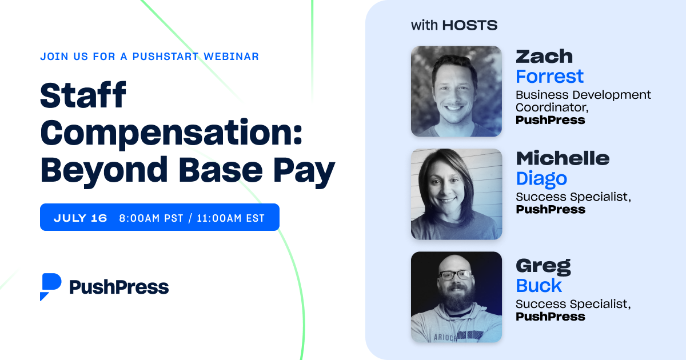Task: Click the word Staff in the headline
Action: point(83,96)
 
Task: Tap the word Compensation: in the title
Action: point(171,133)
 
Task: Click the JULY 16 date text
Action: point(81,218)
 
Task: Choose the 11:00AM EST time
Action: point(230,218)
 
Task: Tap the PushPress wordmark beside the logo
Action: point(119,287)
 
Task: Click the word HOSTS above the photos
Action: point(470,25)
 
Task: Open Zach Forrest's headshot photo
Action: point(456,91)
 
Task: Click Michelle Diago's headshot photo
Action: point(456,194)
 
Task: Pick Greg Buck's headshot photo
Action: point(456,297)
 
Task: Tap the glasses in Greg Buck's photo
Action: point(455,275)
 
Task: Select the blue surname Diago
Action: point(541,178)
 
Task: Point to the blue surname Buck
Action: point(539,285)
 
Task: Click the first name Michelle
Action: point(563,158)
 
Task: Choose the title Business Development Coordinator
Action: point(583,101)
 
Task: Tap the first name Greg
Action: point(543,266)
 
